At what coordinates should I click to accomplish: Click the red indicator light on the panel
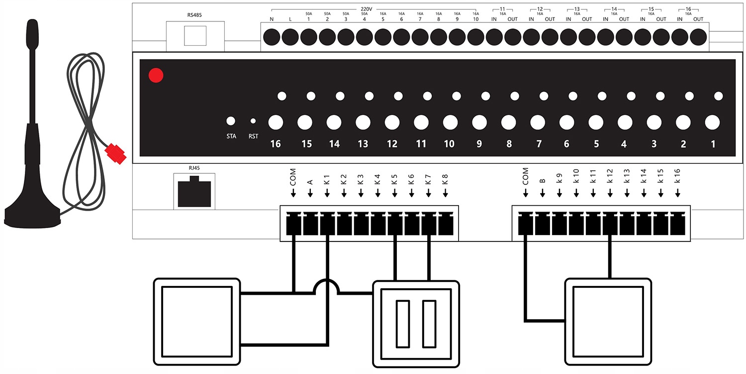[156, 75]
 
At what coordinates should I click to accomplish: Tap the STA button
[230, 121]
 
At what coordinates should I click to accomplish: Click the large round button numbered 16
[276, 122]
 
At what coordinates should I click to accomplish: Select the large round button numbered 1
[713, 122]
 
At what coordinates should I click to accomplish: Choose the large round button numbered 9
[479, 122]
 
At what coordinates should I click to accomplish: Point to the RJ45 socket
[194, 191]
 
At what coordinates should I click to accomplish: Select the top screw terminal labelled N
[272, 37]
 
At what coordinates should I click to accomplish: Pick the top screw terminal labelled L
[290, 37]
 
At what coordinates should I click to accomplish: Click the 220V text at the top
[367, 8]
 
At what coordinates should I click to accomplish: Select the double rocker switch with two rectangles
[416, 323]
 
